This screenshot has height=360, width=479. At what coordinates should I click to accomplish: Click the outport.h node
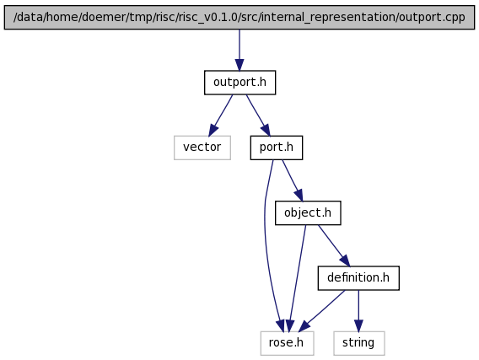click(x=239, y=83)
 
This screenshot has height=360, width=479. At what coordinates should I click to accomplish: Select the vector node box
click(x=202, y=148)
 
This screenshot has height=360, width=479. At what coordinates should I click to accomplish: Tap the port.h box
click(x=277, y=148)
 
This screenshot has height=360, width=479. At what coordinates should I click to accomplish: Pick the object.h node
click(x=308, y=212)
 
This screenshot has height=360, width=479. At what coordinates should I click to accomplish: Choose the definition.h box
click(x=358, y=278)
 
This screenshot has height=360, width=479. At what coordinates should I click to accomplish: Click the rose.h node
click(x=287, y=343)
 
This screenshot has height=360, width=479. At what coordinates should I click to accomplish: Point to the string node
click(x=359, y=343)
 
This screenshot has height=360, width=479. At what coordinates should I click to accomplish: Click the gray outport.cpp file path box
click(x=239, y=17)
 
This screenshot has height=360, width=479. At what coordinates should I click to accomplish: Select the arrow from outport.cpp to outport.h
click(x=239, y=50)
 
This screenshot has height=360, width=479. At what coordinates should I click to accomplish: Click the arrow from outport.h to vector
click(x=220, y=116)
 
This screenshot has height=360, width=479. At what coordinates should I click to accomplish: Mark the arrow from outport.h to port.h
click(x=258, y=116)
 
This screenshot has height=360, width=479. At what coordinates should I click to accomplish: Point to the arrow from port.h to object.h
click(x=293, y=180)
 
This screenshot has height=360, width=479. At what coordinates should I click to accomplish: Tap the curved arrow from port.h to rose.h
click(x=265, y=244)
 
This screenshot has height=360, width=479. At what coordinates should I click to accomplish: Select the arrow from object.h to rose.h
click(x=296, y=278)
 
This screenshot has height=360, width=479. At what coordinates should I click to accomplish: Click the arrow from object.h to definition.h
click(x=334, y=245)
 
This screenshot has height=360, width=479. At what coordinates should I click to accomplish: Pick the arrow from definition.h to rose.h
click(x=321, y=311)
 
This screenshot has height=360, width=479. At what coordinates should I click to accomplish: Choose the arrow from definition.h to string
click(x=358, y=311)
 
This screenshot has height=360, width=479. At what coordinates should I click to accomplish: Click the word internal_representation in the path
click(x=328, y=18)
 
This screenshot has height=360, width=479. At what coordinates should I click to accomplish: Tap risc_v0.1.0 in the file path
click(x=207, y=18)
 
